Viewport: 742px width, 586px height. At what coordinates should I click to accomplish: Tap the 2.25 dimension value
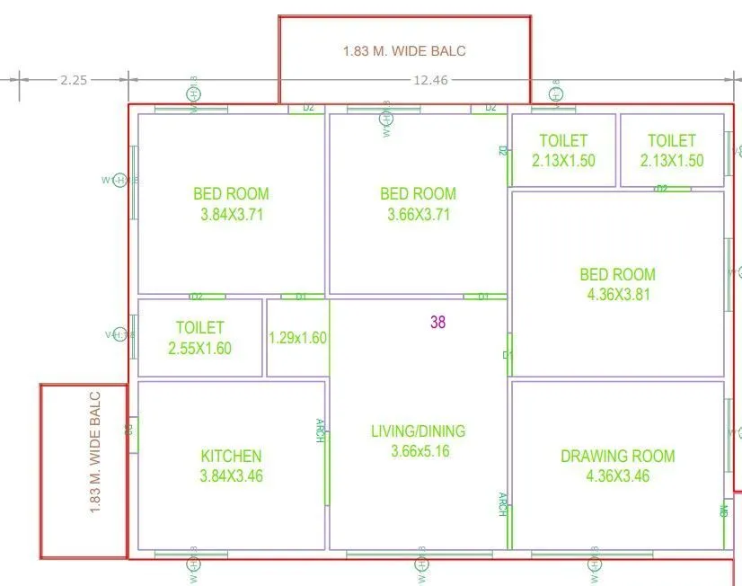pyautogui.click(x=74, y=80)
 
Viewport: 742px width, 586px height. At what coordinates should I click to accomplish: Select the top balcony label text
pyautogui.click(x=404, y=51)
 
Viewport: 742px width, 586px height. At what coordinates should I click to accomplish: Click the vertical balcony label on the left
pyautogui.click(x=96, y=451)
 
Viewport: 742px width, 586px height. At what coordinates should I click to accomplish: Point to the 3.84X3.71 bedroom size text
pyautogui.click(x=231, y=215)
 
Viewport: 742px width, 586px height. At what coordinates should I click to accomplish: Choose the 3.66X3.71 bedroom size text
pyautogui.click(x=419, y=215)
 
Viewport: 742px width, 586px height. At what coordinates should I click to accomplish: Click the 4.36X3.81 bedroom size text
pyautogui.click(x=618, y=294)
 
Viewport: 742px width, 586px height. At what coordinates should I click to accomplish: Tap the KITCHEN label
pyautogui.click(x=231, y=457)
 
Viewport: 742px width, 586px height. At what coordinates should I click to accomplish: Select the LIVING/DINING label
pyautogui.click(x=419, y=431)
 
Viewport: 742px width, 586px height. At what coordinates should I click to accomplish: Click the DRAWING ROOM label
pyautogui.click(x=618, y=457)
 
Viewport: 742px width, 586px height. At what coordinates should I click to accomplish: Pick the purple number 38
pyautogui.click(x=437, y=323)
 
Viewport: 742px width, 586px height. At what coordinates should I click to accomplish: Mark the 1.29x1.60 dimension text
pyautogui.click(x=298, y=339)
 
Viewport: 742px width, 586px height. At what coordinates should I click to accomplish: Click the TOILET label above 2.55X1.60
pyautogui.click(x=199, y=328)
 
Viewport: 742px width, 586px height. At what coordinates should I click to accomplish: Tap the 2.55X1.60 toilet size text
pyautogui.click(x=199, y=348)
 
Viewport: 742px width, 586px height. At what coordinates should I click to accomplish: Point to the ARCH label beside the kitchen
pyautogui.click(x=320, y=431)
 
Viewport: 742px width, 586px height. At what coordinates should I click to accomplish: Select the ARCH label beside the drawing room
pyautogui.click(x=503, y=504)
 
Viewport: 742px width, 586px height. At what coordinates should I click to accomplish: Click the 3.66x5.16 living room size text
pyautogui.click(x=420, y=451)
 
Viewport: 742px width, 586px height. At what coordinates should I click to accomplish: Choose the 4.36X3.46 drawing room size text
pyautogui.click(x=618, y=476)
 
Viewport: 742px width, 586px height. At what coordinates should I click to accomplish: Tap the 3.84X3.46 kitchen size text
pyautogui.click(x=231, y=476)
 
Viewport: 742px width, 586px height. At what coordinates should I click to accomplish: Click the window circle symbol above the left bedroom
pyautogui.click(x=193, y=93)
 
